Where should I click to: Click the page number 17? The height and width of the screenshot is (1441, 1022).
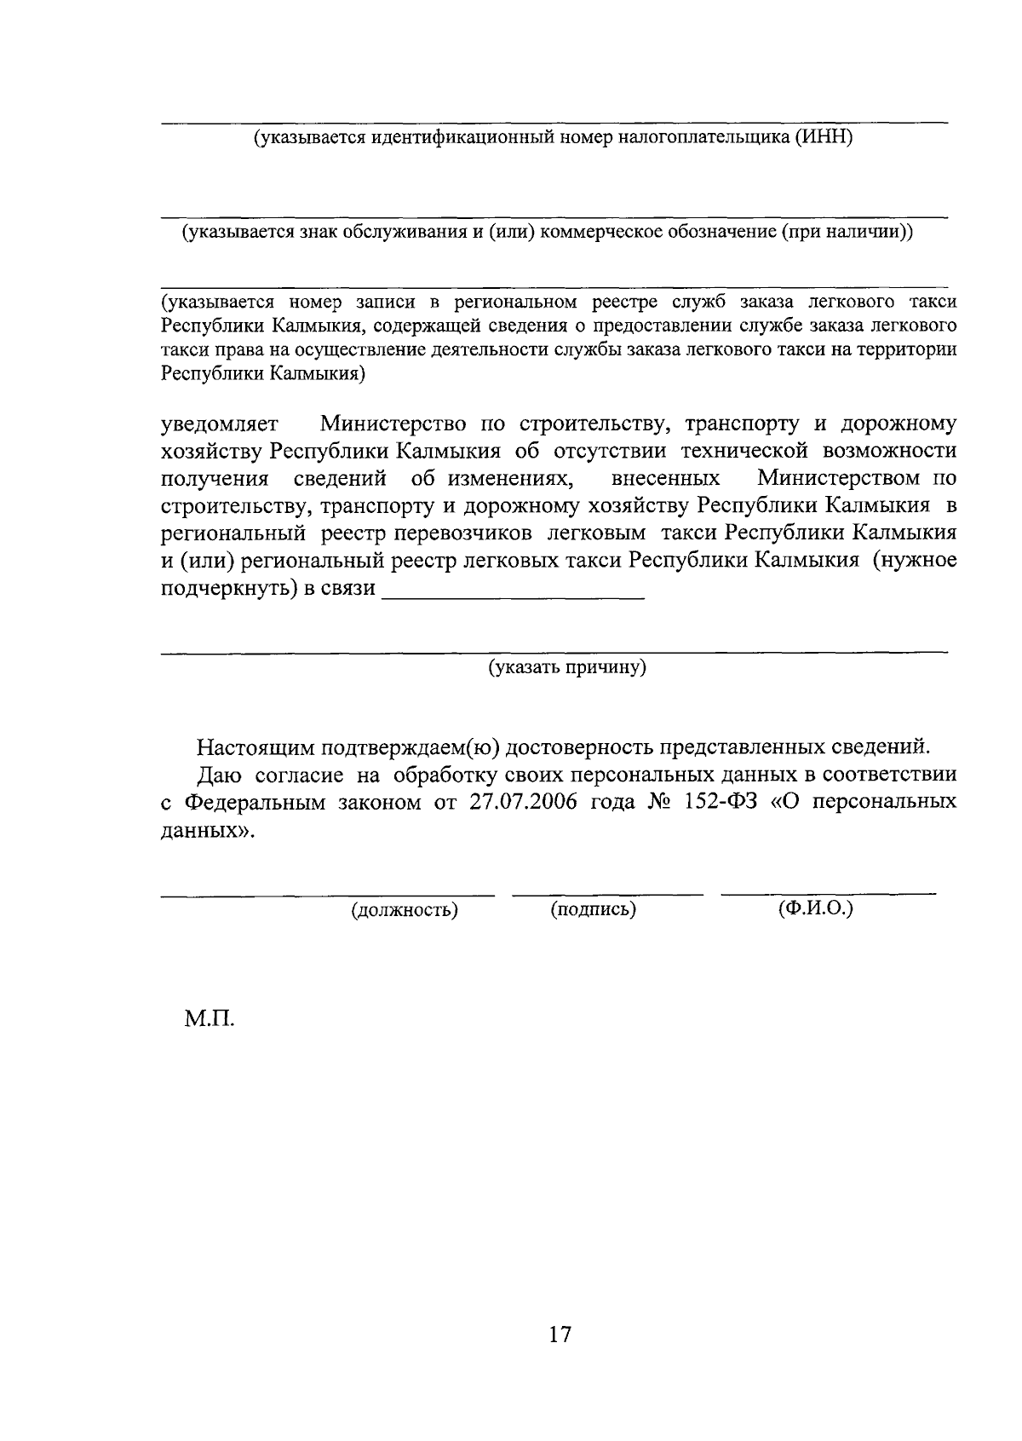pyautogui.click(x=560, y=1334)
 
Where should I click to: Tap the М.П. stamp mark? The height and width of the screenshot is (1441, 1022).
pyautogui.click(x=208, y=1017)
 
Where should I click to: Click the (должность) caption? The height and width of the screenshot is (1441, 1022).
pyautogui.click(x=405, y=910)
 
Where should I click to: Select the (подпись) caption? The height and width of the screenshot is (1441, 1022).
pyautogui.click(x=594, y=909)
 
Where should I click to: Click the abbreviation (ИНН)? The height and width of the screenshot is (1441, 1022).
pyautogui.click(x=823, y=138)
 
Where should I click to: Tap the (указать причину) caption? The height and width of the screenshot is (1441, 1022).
pyautogui.click(x=567, y=667)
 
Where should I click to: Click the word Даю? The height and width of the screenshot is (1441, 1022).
pyautogui.click(x=220, y=775)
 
